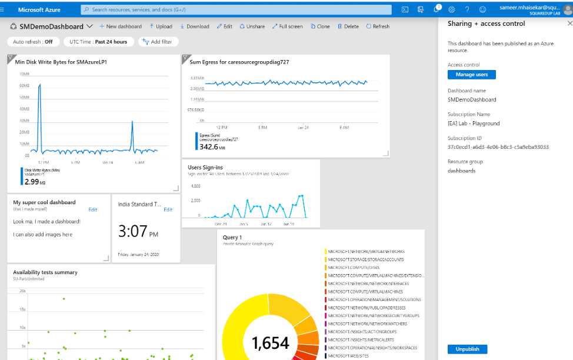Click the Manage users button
[471, 75]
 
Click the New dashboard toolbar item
[121, 26]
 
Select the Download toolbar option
[195, 26]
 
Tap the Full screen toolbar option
[288, 26]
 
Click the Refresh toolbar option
[378, 26]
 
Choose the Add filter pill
[158, 42]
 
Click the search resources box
[235, 9]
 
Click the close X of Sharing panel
[569, 24]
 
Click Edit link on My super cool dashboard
[93, 209]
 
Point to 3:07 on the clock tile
[133, 231]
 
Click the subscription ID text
[498, 147]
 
